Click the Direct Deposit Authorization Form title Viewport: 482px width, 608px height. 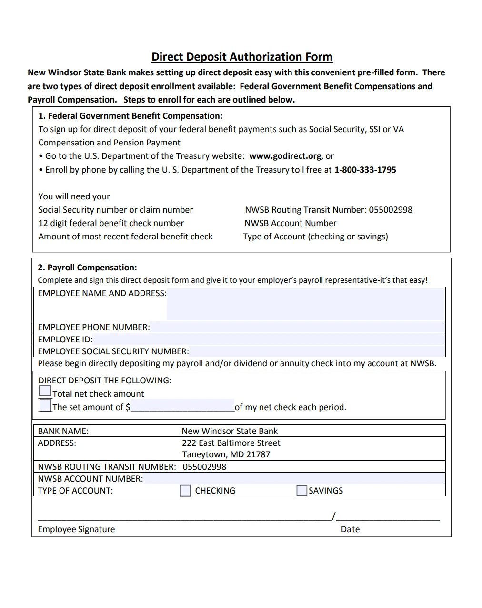(241, 57)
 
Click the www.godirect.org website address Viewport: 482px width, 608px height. (285, 156)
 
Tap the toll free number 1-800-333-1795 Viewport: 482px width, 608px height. (365, 170)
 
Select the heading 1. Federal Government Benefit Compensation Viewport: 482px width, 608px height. (130, 116)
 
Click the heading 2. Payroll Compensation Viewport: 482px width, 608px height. (87, 268)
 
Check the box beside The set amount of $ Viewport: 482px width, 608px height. (45, 405)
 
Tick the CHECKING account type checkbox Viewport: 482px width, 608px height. (185, 491)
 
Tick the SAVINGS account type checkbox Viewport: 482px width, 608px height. (301, 491)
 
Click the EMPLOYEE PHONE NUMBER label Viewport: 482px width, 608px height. (94, 327)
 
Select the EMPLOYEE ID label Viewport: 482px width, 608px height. (65, 340)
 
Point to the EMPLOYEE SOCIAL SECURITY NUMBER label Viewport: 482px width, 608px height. (113, 351)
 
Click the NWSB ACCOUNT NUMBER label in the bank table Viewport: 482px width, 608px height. (90, 479)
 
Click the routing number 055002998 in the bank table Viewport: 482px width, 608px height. (204, 467)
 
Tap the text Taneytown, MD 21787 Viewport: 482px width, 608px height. (226, 454)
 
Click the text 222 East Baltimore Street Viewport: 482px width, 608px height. (231, 443)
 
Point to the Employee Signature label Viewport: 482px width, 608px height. (76, 529)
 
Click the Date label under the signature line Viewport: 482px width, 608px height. (350, 529)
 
